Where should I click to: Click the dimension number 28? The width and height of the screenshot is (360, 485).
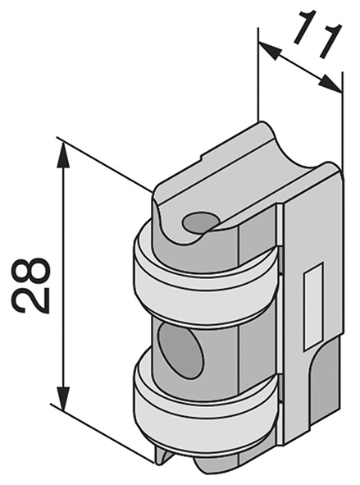coord(30,285)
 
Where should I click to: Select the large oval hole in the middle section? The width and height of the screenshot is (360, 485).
coord(181,352)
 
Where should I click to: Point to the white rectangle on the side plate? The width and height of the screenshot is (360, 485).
coord(314,306)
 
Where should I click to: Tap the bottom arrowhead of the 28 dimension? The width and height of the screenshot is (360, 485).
coord(63,396)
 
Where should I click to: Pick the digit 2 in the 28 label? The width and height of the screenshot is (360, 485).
coord(30,300)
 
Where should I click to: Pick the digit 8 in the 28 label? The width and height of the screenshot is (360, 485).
coord(30,270)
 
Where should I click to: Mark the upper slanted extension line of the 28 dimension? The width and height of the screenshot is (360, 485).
coord(103,163)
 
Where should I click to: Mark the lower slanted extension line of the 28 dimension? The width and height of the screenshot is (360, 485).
coord(102,433)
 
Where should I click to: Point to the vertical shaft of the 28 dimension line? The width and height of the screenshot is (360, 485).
coord(63,276)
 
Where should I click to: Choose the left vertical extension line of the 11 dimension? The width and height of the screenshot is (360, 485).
coord(257,74)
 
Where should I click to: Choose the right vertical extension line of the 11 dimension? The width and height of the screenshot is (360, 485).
coord(342,121)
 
